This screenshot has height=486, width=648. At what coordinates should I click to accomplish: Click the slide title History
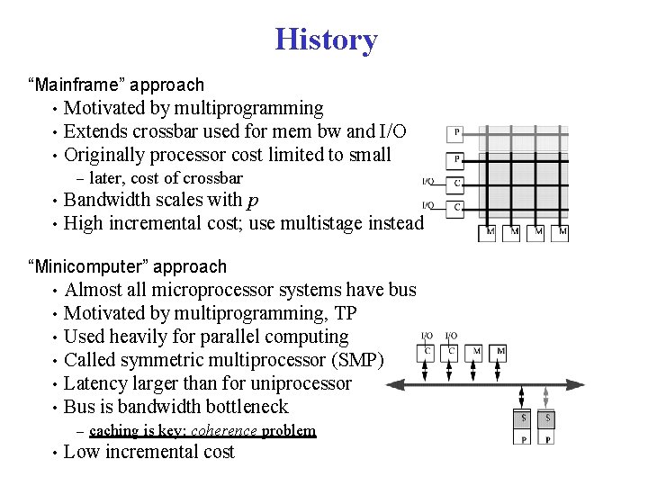pyautogui.click(x=326, y=40)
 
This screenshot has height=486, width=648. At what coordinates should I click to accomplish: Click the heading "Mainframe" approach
pyautogui.click(x=116, y=85)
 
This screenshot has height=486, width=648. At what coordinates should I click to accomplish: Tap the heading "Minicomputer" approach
pyautogui.click(x=128, y=266)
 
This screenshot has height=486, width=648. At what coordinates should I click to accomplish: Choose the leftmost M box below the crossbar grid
pyautogui.click(x=490, y=232)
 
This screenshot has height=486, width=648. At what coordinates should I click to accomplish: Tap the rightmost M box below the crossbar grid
pyautogui.click(x=562, y=232)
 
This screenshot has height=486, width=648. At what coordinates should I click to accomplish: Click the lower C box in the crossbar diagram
pyautogui.click(x=456, y=208)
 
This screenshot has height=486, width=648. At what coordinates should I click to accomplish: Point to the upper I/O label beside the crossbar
pyautogui.click(x=429, y=182)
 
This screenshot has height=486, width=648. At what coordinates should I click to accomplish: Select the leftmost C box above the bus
pyautogui.click(x=428, y=350)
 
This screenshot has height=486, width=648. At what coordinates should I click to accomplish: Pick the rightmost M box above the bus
pyautogui.click(x=500, y=350)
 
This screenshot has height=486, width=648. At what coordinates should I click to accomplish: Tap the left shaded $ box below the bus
pyautogui.click(x=525, y=419)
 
